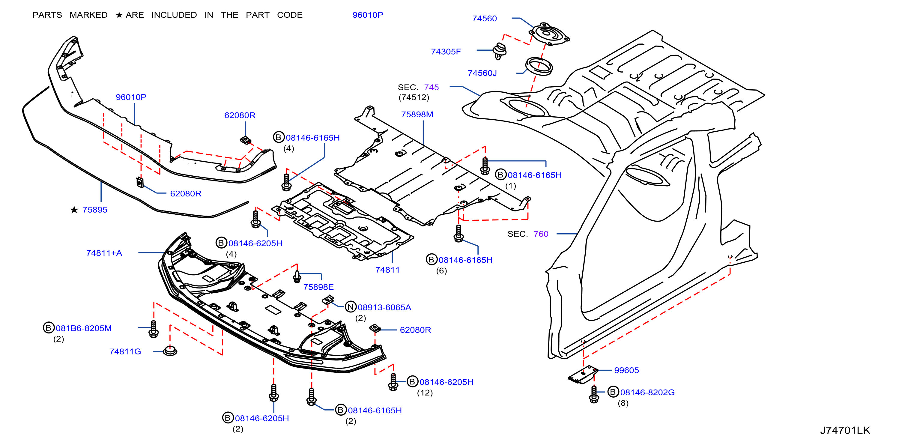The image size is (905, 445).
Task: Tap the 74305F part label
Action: click(x=446, y=52)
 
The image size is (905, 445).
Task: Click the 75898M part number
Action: click(x=417, y=114)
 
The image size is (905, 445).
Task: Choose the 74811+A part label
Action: click(x=104, y=253)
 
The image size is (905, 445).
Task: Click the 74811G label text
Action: click(x=125, y=351)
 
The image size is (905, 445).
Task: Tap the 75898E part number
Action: click(x=318, y=287)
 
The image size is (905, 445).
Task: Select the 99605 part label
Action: click(x=626, y=370)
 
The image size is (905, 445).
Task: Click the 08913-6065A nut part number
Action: click(x=384, y=307)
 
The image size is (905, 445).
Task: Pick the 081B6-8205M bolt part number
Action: click(x=84, y=328)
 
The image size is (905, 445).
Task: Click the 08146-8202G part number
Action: click(x=647, y=392)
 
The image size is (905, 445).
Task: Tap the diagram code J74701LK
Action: click(x=845, y=430)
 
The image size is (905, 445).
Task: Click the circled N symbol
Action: click(x=351, y=307)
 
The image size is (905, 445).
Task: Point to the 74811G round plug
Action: click(x=170, y=351)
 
